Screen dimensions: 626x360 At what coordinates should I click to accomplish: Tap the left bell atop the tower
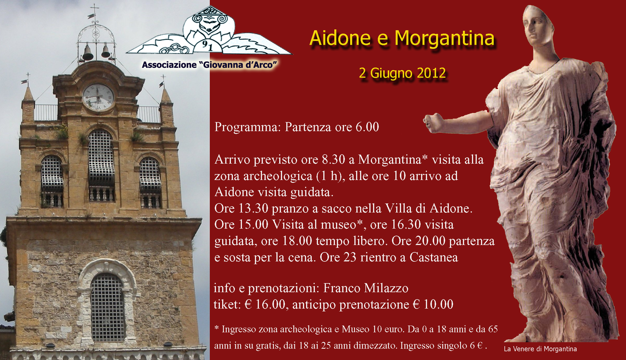tap(88, 53)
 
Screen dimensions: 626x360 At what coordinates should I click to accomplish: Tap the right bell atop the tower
tap(106, 51)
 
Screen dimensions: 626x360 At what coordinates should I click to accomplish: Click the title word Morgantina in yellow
tap(444, 39)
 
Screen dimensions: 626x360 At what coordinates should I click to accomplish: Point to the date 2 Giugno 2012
tap(402, 73)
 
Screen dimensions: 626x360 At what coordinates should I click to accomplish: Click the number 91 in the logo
tap(207, 45)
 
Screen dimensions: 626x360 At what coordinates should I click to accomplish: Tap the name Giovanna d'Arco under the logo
tap(238, 65)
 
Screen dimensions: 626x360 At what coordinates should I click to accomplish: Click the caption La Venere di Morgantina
tap(540, 349)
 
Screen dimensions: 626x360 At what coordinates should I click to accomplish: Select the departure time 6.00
tap(367, 127)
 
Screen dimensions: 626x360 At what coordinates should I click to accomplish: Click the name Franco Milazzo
tap(366, 288)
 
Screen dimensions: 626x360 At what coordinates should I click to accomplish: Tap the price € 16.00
tap(265, 305)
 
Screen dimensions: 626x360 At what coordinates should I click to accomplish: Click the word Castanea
tap(434, 257)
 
